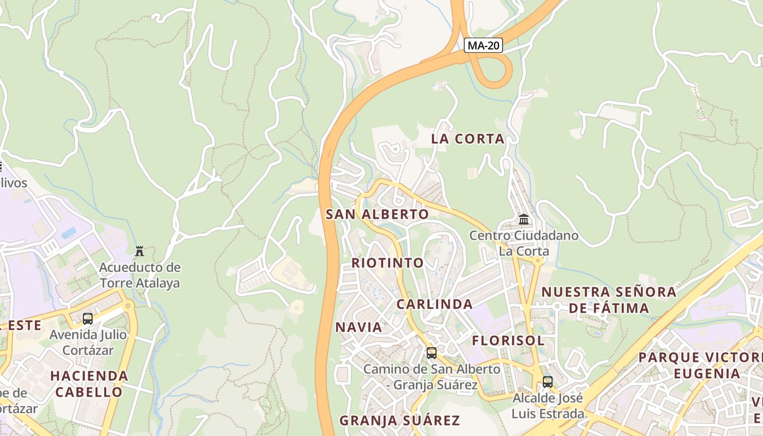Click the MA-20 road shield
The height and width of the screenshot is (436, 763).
point(483,46)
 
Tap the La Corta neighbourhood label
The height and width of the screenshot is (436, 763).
point(468,139)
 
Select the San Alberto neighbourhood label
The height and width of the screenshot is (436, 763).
point(377,214)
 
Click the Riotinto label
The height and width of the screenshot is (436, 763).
point(387,263)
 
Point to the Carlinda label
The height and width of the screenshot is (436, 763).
point(434,304)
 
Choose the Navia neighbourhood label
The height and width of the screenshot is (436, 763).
point(359,327)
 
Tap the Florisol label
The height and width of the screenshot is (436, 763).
point(508,341)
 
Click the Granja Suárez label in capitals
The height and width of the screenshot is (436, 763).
point(399,420)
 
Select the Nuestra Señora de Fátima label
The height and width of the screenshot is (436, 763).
point(609,300)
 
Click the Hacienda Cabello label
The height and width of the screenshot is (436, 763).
point(89,384)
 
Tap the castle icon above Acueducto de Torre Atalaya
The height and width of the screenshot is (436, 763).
point(140,251)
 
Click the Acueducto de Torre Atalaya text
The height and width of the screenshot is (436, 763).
point(140,275)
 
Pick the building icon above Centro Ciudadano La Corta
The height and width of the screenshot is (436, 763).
point(524,220)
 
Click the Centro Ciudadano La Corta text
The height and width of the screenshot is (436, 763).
point(524,244)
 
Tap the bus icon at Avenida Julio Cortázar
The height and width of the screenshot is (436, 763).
point(88,319)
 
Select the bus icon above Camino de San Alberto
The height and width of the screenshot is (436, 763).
point(431,353)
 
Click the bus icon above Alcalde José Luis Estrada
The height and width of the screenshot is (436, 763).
point(547,382)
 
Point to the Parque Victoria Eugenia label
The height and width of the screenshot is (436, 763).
point(700,366)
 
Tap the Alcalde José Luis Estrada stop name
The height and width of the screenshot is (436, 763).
point(547,406)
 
